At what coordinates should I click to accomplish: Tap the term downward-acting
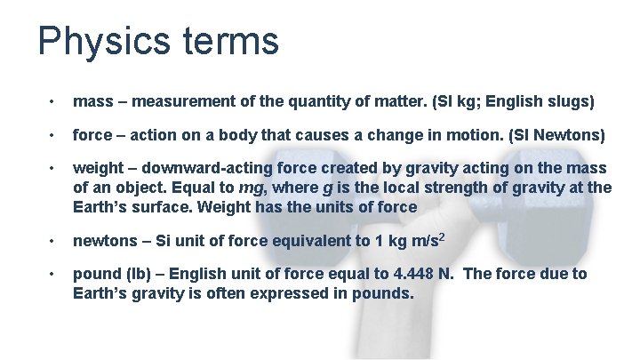click(x=203, y=169)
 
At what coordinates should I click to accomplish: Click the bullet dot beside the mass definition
click(x=54, y=101)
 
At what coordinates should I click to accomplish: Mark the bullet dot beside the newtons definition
click(x=54, y=241)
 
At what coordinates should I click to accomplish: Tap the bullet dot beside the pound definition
click(x=54, y=274)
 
